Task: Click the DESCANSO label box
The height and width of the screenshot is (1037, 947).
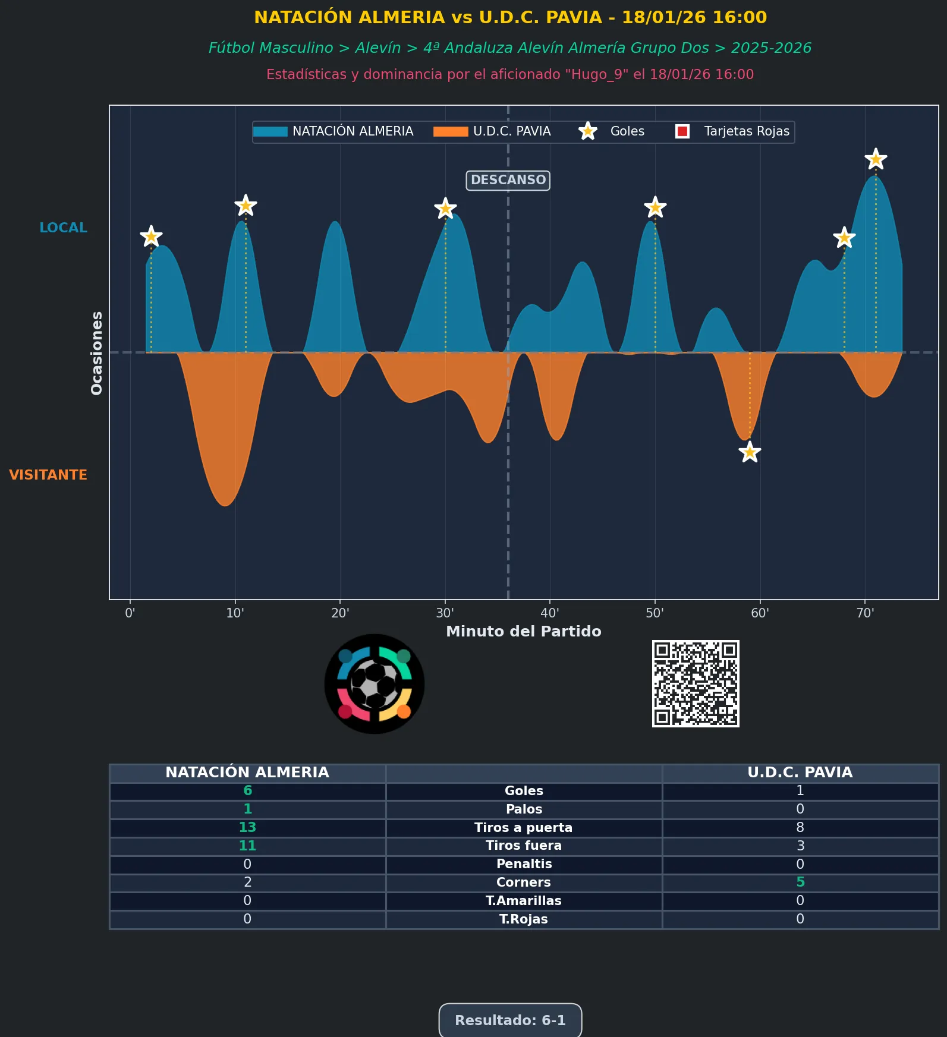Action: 508,180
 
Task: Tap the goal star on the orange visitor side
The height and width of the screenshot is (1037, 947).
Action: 750,452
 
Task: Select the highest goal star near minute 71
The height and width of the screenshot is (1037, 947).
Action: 875,159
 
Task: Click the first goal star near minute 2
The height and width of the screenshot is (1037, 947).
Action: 151,237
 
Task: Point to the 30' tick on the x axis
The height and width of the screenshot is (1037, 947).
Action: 445,613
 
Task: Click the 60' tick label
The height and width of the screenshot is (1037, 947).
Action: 760,613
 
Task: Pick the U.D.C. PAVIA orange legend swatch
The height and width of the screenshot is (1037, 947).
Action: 450,131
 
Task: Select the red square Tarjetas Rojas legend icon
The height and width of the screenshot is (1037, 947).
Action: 682,131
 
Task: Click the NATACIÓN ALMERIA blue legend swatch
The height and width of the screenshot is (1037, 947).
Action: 270,131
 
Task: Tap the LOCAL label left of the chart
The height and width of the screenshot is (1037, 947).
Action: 63,228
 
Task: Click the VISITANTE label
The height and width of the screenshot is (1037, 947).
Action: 48,475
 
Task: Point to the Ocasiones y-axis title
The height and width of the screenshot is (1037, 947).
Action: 96,352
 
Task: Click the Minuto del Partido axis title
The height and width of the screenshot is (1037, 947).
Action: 523,631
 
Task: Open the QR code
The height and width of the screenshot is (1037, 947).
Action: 696,683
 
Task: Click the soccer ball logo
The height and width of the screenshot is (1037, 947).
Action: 375,683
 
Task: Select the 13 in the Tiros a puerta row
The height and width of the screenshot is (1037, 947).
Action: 247,827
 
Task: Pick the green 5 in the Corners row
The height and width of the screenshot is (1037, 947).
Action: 800,882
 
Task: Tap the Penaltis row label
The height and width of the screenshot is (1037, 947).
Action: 524,864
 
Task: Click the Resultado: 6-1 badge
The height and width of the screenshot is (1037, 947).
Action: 510,1020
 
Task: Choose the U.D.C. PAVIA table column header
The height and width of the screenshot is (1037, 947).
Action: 800,773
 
